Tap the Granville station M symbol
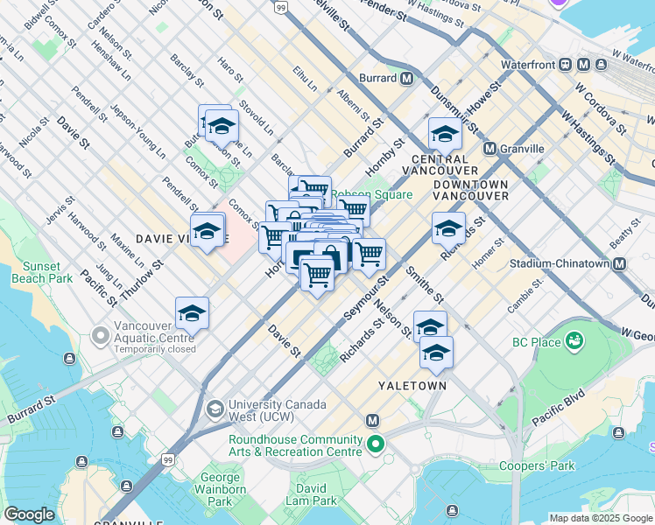coord(489,149)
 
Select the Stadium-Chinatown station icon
coord(620,263)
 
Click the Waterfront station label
coord(530,65)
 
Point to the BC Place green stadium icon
coord(575,339)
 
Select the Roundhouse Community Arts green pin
coord(376,445)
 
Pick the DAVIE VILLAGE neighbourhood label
coord(171,238)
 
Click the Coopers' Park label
coord(537,465)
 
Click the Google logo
coord(29,514)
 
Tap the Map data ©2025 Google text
coord(601,518)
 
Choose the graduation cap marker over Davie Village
coord(208,232)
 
